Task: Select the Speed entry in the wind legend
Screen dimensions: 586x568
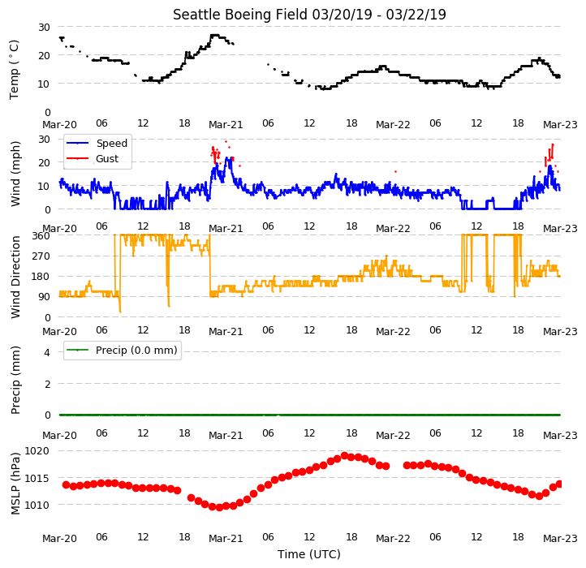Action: click(x=112, y=143)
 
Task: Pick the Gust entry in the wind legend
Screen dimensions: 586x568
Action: click(x=107, y=159)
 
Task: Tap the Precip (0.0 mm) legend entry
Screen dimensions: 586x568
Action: click(x=136, y=351)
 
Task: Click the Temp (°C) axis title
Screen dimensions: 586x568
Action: click(x=14, y=70)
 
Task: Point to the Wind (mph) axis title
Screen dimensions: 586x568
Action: click(x=15, y=174)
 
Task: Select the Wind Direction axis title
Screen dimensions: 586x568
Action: click(x=15, y=277)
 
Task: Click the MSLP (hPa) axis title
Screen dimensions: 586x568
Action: click(x=15, y=484)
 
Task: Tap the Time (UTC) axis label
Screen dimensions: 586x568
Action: click(x=309, y=554)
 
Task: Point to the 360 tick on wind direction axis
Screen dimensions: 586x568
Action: click(x=41, y=236)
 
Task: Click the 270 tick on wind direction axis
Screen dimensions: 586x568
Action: click(x=41, y=256)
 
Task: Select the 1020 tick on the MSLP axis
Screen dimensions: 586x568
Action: click(x=37, y=451)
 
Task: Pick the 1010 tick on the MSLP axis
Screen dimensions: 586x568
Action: click(x=37, y=505)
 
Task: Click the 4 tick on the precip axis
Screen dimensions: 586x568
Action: click(x=47, y=352)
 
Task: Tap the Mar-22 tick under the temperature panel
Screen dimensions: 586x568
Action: click(x=393, y=125)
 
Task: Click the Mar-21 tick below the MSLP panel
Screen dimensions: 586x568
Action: click(x=226, y=539)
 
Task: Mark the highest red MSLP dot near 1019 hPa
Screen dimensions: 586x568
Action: click(x=345, y=455)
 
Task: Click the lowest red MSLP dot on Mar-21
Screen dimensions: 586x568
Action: click(x=219, y=507)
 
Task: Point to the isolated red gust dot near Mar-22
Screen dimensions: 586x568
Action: click(x=395, y=171)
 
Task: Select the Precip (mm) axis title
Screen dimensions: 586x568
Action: click(x=15, y=380)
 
